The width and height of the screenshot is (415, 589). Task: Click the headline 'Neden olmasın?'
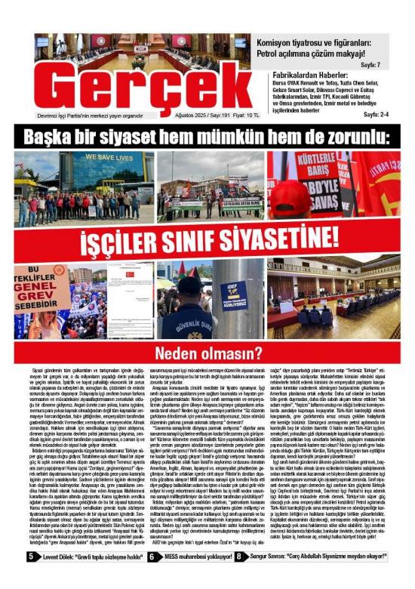207,352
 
